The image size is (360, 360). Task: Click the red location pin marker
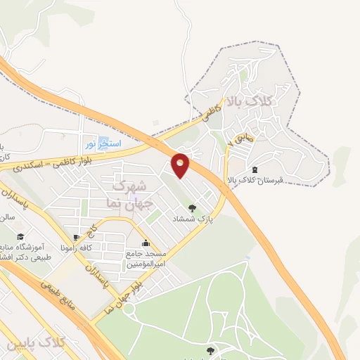click(x=181, y=165)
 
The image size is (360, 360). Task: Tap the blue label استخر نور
click(x=104, y=143)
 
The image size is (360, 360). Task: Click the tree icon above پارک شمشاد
click(x=193, y=207)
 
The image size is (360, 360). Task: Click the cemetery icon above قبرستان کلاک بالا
click(x=255, y=169)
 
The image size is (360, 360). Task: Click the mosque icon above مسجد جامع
click(x=146, y=243)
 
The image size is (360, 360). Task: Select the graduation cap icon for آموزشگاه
click(x=21, y=237)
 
